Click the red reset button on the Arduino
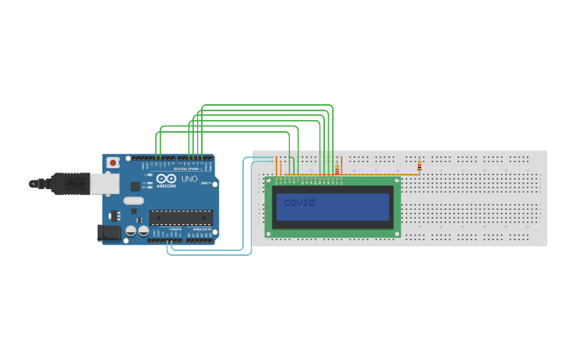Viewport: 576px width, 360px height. [114, 162]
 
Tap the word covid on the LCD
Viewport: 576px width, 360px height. [300, 202]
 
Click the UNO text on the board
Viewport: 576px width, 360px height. [189, 180]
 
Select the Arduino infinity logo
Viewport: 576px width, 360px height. [167, 180]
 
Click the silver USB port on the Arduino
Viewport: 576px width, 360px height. [104, 184]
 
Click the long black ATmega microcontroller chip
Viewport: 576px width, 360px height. [180, 217]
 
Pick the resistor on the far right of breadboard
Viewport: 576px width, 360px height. [419, 166]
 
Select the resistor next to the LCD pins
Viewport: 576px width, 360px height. [337, 169]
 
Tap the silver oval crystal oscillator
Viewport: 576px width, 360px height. [133, 201]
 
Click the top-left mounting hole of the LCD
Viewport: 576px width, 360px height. [269, 180]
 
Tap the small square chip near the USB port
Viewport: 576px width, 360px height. [113, 215]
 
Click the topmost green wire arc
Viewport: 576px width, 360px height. [267, 105]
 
